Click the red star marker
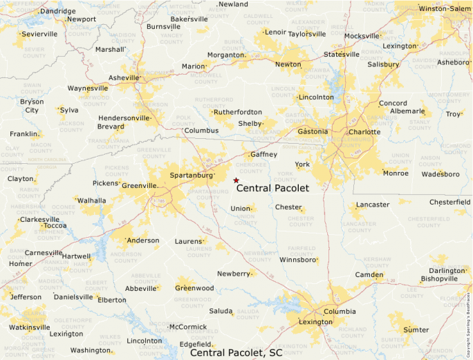pyautogui.click(x=236, y=180)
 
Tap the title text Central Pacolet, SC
pyautogui.click(x=236, y=353)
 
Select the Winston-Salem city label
pyautogui.click(x=443, y=9)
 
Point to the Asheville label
pyautogui.click(x=124, y=77)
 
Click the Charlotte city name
pyautogui.click(x=364, y=131)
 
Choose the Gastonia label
pyautogui.click(x=313, y=131)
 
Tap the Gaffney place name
pyautogui.click(x=263, y=154)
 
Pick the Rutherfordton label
pyautogui.click(x=238, y=112)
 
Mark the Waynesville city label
pyautogui.click(x=88, y=88)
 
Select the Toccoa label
pyautogui.click(x=55, y=225)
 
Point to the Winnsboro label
pyautogui.click(x=297, y=260)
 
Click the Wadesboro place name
pyautogui.click(x=440, y=174)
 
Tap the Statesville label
pyautogui.click(x=342, y=54)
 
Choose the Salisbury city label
pyautogui.click(x=383, y=64)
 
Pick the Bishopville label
pyautogui.click(x=439, y=279)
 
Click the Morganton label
pyautogui.click(x=226, y=55)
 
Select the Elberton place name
pyautogui.click(x=112, y=300)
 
